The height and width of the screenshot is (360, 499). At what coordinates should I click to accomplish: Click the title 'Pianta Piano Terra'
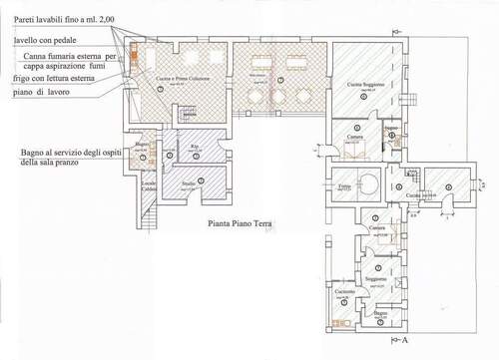(239, 224)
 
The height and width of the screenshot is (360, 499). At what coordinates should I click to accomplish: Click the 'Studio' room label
(188, 184)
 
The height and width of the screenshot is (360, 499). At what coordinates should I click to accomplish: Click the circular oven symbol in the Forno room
(366, 183)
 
